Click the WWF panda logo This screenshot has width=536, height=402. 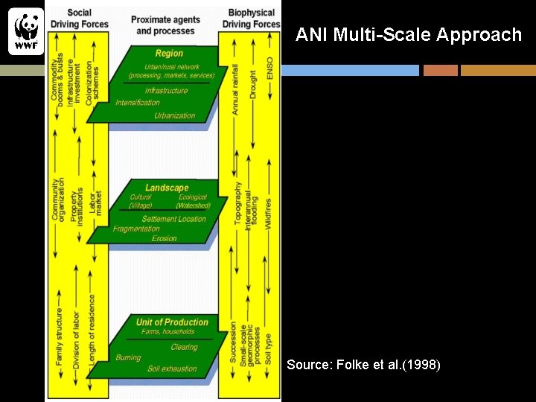click(26, 31)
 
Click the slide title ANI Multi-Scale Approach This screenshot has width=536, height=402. click(409, 34)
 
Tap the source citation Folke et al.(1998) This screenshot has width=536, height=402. click(363, 365)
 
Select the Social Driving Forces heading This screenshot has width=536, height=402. click(80, 19)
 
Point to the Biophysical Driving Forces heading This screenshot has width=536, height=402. click(251, 19)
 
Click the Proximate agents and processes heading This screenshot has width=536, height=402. click(165, 25)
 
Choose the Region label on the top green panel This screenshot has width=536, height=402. click(169, 54)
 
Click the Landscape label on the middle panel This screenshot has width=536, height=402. click(167, 188)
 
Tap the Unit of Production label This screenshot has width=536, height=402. click(171, 322)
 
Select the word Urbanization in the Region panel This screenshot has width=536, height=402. click(174, 115)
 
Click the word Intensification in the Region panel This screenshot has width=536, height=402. click(137, 103)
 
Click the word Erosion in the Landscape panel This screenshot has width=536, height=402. click(164, 238)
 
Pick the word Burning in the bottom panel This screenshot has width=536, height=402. click(128, 357)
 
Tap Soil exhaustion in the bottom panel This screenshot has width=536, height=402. click(172, 368)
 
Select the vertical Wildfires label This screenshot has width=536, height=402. click(269, 213)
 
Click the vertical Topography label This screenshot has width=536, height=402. click(237, 203)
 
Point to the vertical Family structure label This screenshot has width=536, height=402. click(59, 335)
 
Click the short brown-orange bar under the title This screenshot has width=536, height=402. click(440, 70)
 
